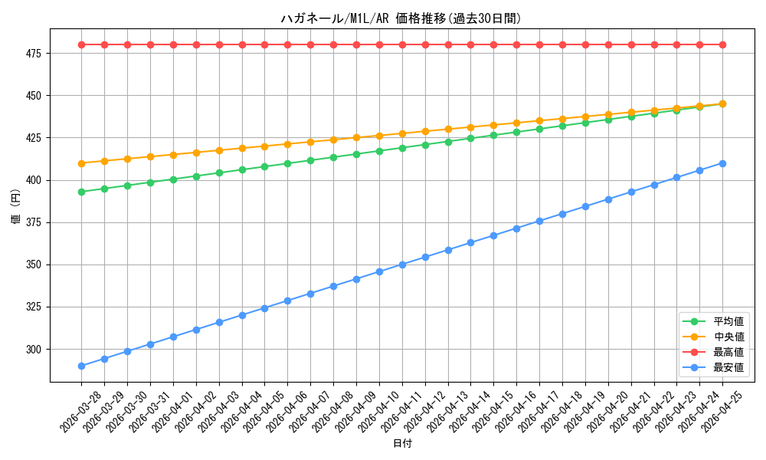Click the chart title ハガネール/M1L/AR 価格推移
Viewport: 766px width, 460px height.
pyautogui.click(x=363, y=18)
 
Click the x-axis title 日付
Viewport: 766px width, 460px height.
pyautogui.click(x=403, y=443)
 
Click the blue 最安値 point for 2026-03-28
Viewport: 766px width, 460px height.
pyautogui.click(x=82, y=366)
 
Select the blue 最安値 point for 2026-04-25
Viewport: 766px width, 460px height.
pyautogui.click(x=722, y=164)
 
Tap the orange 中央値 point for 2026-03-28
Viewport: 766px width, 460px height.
pyautogui.click(x=82, y=163)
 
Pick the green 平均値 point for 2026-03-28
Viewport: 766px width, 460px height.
pyautogui.click(x=82, y=192)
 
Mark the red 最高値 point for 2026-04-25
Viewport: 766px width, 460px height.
pyautogui.click(x=722, y=45)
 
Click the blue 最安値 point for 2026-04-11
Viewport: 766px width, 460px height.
pyautogui.click(x=403, y=264)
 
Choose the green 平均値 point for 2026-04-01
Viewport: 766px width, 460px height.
pyautogui.click(x=173, y=179)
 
